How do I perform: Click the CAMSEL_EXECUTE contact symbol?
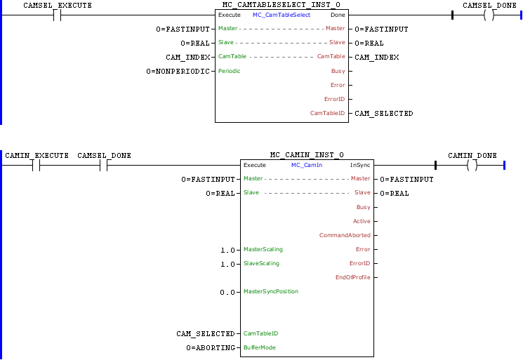click(x=58, y=15)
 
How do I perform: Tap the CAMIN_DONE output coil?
click(x=472, y=165)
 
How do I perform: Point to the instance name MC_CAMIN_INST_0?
click(x=306, y=155)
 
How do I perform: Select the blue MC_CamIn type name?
click(x=306, y=165)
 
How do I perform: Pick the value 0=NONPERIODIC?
click(x=178, y=71)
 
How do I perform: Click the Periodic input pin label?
click(x=230, y=71)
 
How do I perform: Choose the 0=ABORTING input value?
click(x=211, y=347)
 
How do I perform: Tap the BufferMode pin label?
click(x=260, y=347)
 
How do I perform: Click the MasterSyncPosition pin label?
click(x=270, y=291)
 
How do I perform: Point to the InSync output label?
click(x=360, y=165)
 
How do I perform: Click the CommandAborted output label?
click(x=345, y=235)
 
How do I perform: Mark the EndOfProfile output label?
click(x=353, y=277)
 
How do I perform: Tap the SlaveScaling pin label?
click(x=261, y=263)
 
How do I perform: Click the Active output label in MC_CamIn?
click(x=362, y=221)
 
